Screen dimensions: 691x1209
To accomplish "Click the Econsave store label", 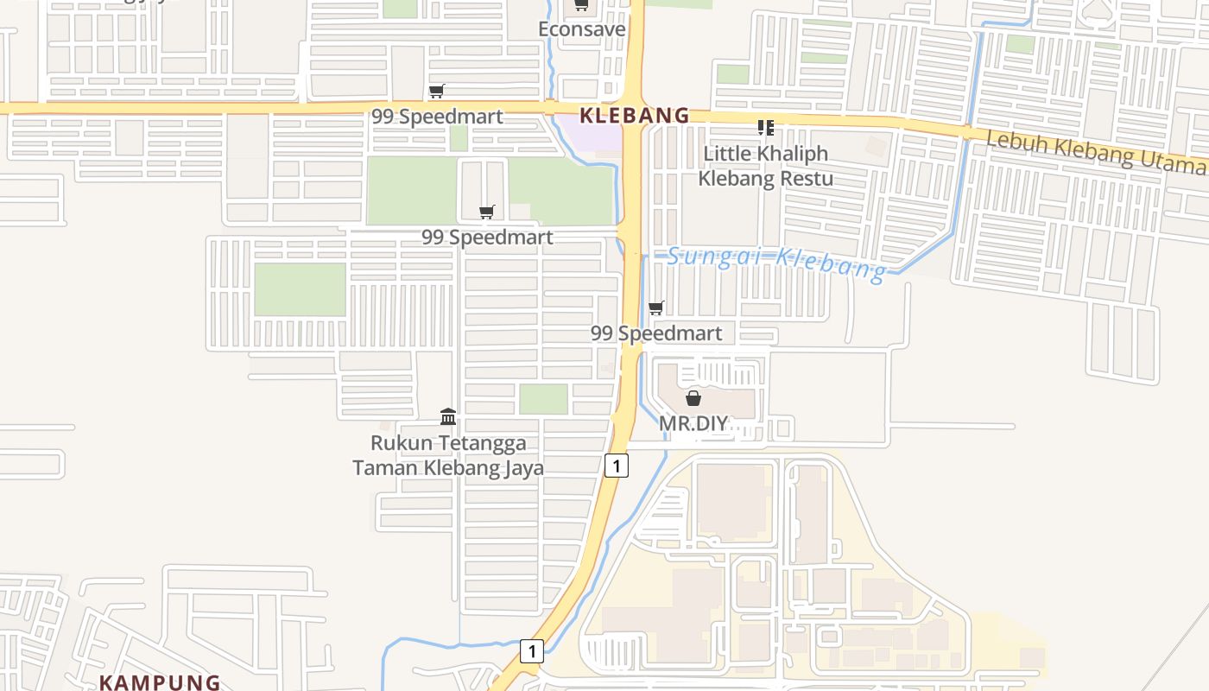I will click(581, 29).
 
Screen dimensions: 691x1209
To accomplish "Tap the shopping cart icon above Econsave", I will click(581, 6).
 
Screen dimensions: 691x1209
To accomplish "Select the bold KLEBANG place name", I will click(635, 115).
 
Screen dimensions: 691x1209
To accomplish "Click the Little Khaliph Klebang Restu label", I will click(765, 166).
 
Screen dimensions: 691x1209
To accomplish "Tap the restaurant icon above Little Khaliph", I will click(765, 129).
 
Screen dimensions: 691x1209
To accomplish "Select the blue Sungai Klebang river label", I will click(776, 262).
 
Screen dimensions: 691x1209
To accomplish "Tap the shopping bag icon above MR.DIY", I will click(693, 398).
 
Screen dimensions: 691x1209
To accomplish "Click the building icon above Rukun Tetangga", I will click(448, 417).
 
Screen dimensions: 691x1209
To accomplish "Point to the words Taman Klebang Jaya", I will click(448, 468).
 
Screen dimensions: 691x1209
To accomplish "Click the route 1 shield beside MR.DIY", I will click(616, 466).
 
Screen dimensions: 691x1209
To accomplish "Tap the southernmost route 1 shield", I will click(532, 651).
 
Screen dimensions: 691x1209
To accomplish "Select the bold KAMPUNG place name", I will click(160, 682).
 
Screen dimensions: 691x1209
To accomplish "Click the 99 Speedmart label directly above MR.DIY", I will click(656, 333).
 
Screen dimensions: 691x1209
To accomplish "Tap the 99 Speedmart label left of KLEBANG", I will click(437, 117).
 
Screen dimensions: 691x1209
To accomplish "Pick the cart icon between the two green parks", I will click(487, 212).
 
